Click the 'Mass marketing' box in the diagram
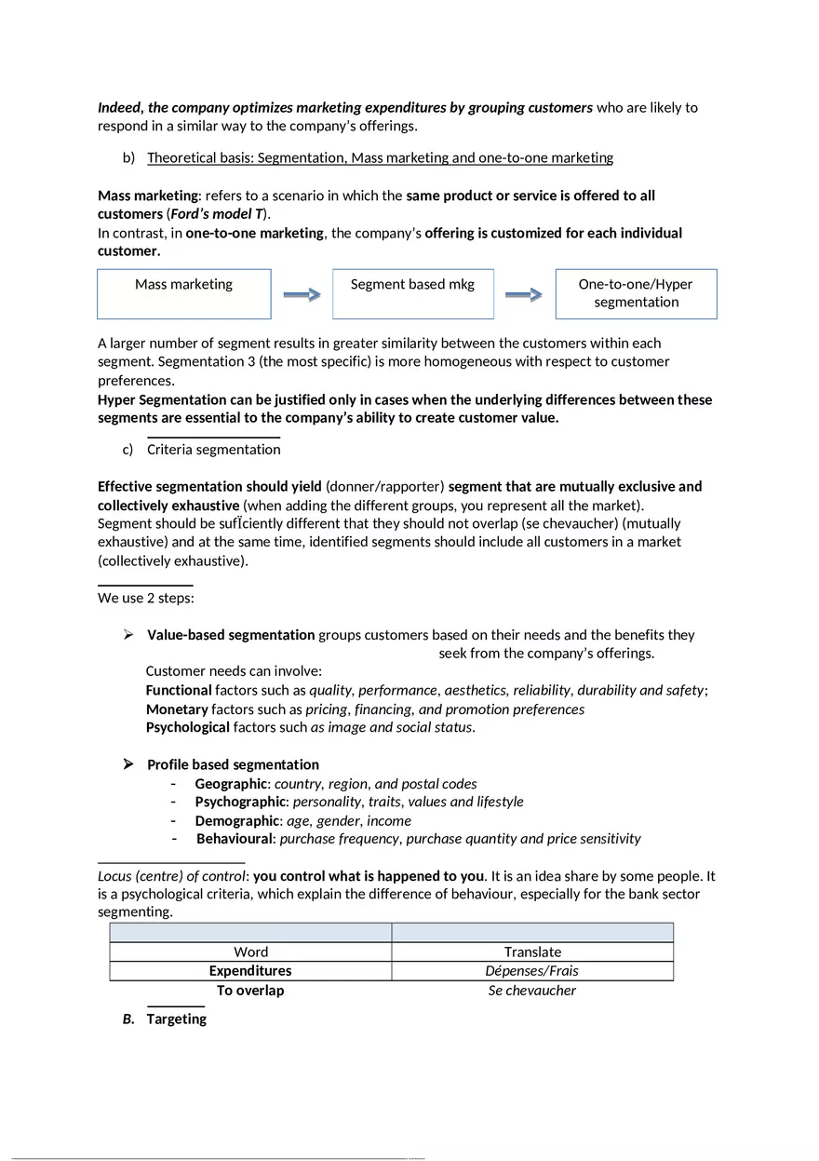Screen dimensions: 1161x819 coord(184,293)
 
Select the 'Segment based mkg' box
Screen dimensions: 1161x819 coord(413,293)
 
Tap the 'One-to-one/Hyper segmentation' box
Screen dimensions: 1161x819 coord(636,293)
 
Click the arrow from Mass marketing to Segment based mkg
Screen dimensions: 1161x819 coord(302,294)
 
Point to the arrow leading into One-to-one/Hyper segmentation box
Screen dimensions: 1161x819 coord(524,294)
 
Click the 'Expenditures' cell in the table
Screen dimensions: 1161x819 coord(250,971)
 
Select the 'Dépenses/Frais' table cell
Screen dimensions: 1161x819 coord(532,971)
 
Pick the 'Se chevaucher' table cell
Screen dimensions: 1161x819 coord(532,991)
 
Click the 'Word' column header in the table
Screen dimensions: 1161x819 coord(250,952)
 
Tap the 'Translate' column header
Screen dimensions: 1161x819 coord(532,952)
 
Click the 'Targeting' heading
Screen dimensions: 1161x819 coord(176,1019)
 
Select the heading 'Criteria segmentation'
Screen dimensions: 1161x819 coord(213,450)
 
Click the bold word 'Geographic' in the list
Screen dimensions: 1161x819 coord(231,784)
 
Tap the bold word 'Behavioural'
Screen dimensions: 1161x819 coord(235,839)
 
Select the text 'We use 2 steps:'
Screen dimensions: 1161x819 coord(146,598)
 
